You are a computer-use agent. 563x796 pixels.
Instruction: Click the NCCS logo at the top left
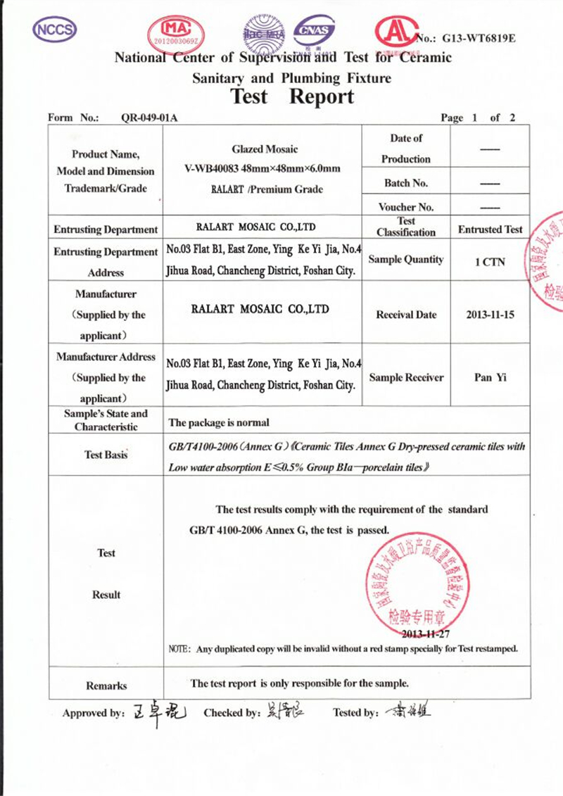click(x=54, y=28)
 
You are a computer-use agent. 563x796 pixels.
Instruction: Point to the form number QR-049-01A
click(x=150, y=118)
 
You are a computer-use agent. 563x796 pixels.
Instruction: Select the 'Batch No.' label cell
click(x=406, y=183)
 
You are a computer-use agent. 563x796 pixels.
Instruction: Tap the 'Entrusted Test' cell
click(x=490, y=229)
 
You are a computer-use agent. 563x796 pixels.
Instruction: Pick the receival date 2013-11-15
click(x=490, y=315)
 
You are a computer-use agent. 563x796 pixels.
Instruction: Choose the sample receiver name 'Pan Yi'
click(x=490, y=377)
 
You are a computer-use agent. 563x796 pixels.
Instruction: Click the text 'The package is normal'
click(x=220, y=423)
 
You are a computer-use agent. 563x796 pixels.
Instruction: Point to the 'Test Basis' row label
click(x=106, y=455)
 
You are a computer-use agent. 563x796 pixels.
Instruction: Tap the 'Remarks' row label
click(x=106, y=686)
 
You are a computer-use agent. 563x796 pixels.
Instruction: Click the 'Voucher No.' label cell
click(x=406, y=207)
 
